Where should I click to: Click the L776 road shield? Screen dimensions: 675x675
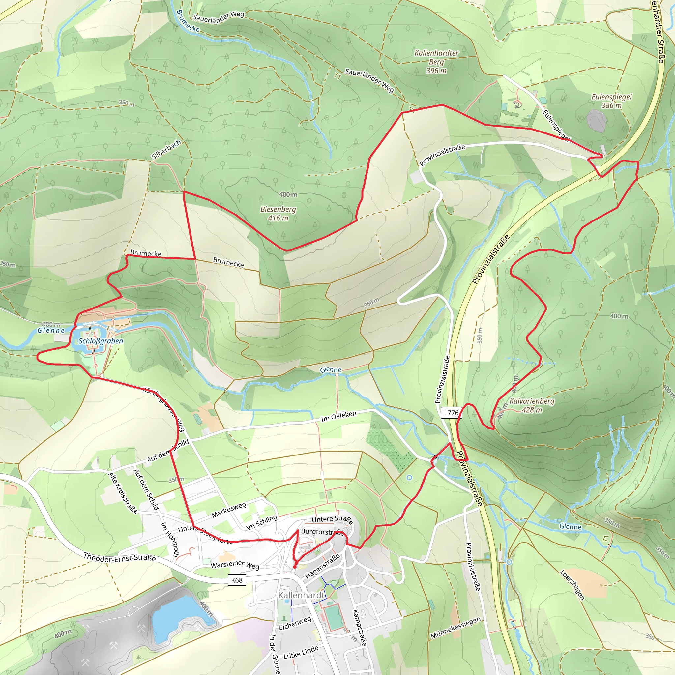click(x=451, y=413)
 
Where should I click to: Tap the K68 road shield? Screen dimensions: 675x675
click(x=237, y=580)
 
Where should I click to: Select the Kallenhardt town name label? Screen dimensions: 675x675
click(x=301, y=595)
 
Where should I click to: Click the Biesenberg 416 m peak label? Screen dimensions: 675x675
click(x=278, y=214)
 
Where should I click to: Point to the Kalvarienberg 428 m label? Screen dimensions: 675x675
click(x=532, y=405)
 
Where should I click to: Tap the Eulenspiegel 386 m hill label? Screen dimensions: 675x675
click(x=611, y=101)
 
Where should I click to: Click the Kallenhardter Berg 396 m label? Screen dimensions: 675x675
click(x=436, y=62)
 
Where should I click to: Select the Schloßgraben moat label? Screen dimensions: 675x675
click(x=101, y=341)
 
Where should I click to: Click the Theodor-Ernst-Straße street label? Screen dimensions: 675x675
click(x=120, y=557)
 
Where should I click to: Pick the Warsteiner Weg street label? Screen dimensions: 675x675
click(x=235, y=564)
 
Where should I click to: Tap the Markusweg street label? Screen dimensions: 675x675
click(x=229, y=510)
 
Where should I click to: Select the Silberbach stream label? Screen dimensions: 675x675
click(x=166, y=150)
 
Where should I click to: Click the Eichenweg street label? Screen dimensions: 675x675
click(x=295, y=623)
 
